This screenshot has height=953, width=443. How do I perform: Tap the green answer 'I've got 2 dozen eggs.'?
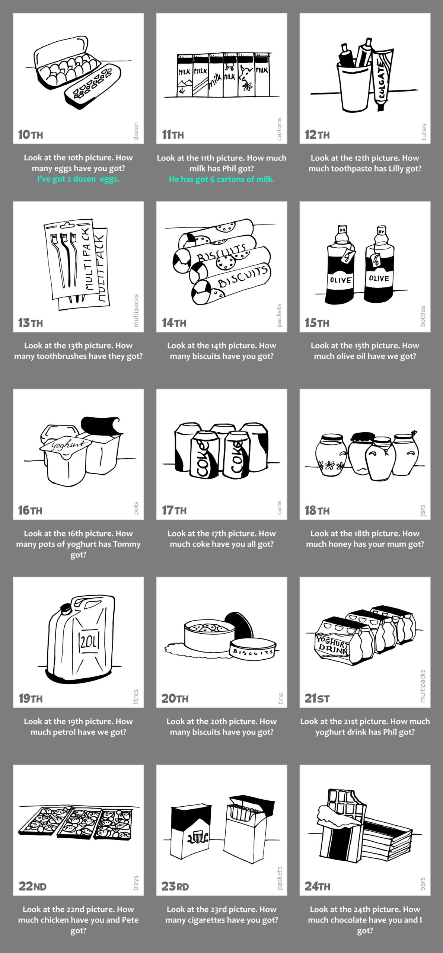[78, 179]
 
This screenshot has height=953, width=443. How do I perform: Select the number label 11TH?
[173, 135]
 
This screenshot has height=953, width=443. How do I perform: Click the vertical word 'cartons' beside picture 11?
[279, 129]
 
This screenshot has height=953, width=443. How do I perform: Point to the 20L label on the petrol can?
[89, 641]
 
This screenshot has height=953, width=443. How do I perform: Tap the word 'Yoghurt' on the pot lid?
[66, 445]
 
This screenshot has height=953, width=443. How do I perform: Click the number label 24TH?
[317, 886]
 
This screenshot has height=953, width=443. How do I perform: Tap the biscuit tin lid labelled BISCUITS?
[253, 649]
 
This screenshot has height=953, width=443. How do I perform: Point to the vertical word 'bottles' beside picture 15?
[423, 316]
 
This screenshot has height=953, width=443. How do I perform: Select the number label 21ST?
[317, 698]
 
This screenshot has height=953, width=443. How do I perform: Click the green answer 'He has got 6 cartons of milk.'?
[221, 179]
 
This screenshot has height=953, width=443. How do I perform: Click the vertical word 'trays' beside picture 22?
[136, 883]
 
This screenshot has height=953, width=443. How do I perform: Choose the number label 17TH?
[174, 510]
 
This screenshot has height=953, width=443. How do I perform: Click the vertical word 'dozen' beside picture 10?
[136, 131]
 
